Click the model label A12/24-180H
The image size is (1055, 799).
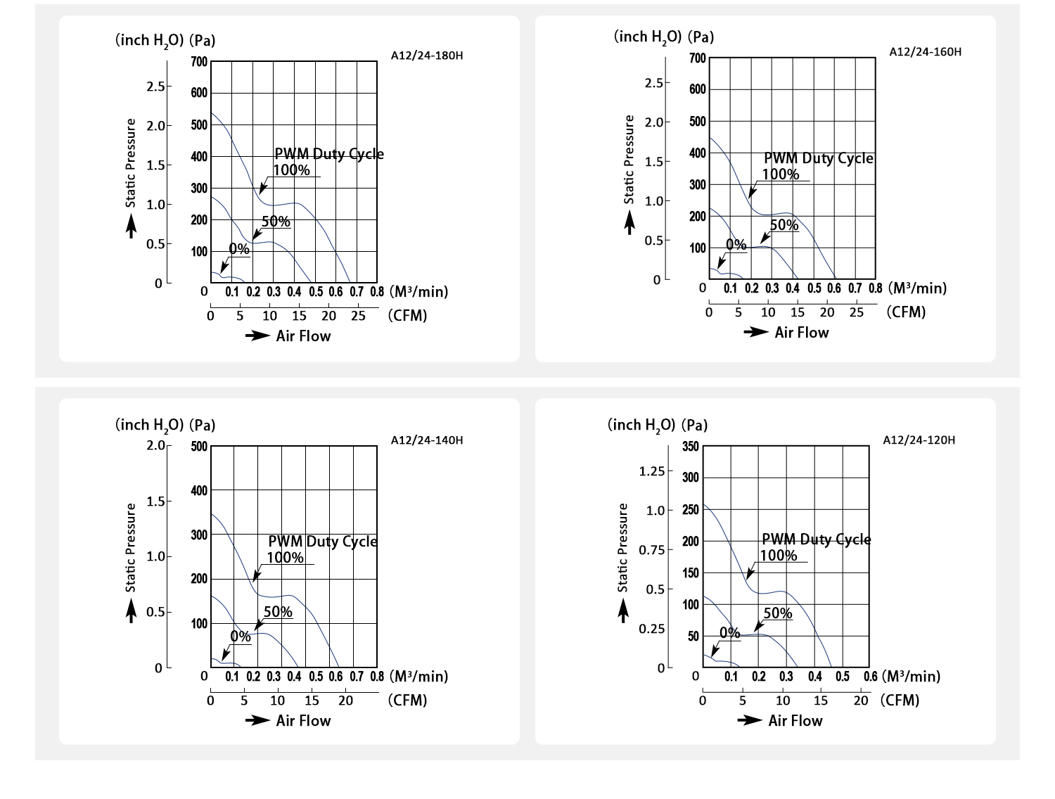click(427, 56)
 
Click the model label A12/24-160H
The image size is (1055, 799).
click(925, 52)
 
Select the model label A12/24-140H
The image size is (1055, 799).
click(427, 440)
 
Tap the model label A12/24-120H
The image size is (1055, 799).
click(919, 440)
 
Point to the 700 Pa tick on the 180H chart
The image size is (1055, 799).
click(199, 62)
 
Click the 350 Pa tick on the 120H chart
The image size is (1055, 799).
click(691, 447)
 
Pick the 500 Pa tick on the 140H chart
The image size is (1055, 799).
click(199, 447)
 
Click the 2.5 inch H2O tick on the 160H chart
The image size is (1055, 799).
click(653, 83)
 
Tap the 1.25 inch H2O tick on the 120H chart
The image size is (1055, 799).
click(651, 471)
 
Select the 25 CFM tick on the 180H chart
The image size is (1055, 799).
click(358, 316)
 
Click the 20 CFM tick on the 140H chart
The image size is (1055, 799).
click(345, 701)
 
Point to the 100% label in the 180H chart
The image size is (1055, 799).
click(291, 170)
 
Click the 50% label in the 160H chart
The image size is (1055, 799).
click(784, 225)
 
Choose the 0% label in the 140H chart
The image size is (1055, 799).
click(241, 637)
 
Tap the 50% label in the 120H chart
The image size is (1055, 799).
click(777, 613)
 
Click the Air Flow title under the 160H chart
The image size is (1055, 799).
click(801, 333)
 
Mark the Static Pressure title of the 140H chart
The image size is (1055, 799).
click(131, 547)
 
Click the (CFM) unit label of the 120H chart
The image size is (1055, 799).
click(900, 701)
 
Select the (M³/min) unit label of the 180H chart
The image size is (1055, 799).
click(418, 291)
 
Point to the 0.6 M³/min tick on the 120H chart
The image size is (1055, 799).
click(870, 677)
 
